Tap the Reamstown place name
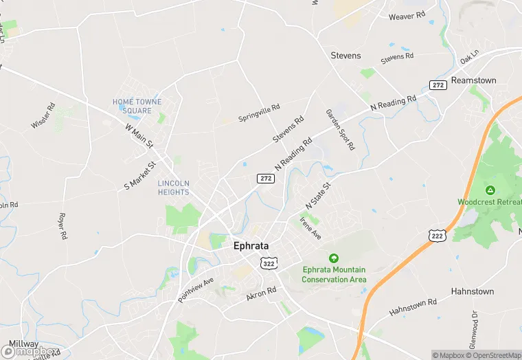pyautogui.click(x=473, y=80)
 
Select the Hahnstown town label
pyautogui.click(x=473, y=291)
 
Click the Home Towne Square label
pyautogui.click(x=137, y=106)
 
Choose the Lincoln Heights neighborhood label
pyautogui.click(x=173, y=188)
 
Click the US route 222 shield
pyautogui.click(x=437, y=236)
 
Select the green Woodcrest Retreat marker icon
pyautogui.click(x=490, y=190)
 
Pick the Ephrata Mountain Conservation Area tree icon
pyautogui.click(x=334, y=258)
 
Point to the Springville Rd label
pyautogui.click(x=259, y=113)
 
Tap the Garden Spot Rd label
pyautogui.click(x=340, y=129)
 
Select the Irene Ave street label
pyautogui.click(x=310, y=227)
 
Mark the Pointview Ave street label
pyautogui.click(x=196, y=289)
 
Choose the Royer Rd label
pyautogui.click(x=63, y=226)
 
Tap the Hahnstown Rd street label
pyautogui.click(x=413, y=306)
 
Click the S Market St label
pyautogui.click(x=141, y=175)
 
